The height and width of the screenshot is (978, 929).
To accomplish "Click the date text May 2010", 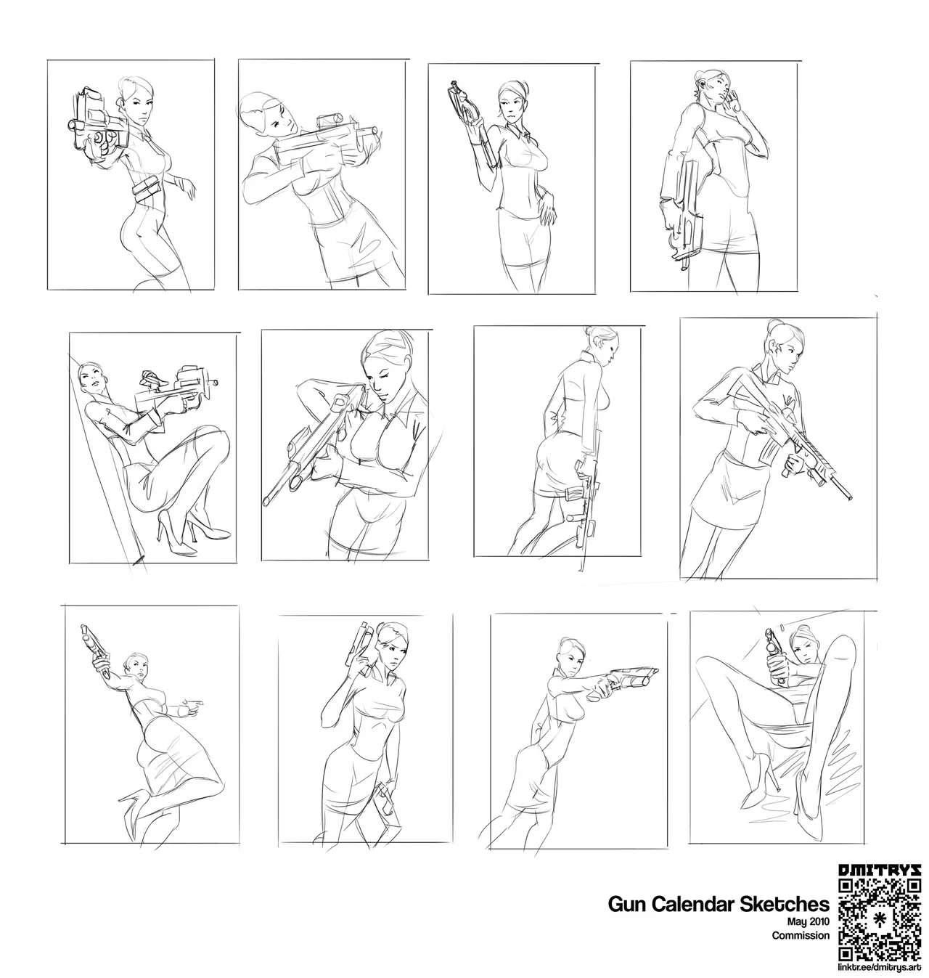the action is [x=808, y=921].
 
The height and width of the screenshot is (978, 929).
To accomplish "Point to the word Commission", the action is [x=801, y=935].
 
